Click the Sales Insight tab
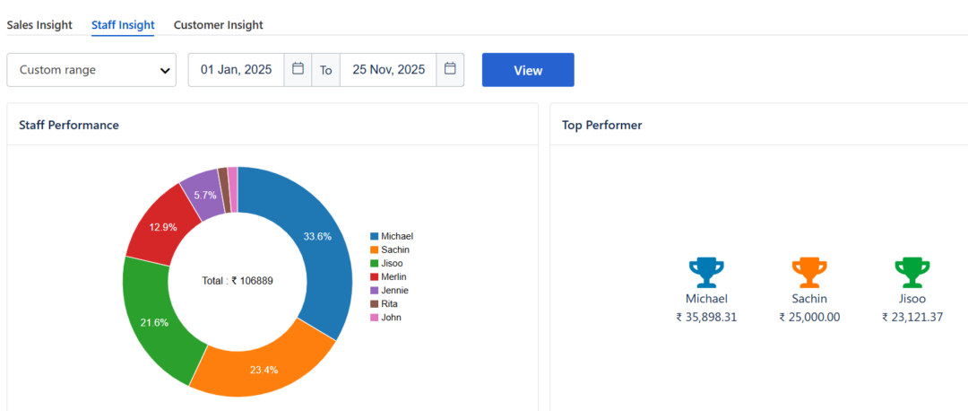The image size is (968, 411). [39, 25]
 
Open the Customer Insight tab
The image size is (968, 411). [218, 25]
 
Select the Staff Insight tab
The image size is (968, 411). [123, 25]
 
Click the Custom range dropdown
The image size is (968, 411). [91, 70]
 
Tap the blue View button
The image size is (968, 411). [528, 70]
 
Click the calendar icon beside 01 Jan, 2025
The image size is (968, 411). [298, 69]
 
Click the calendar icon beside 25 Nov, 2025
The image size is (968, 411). [450, 69]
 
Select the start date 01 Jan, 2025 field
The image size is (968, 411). [237, 70]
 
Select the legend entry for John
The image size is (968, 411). [386, 318]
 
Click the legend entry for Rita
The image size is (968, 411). [385, 304]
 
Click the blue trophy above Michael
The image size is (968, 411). [706, 271]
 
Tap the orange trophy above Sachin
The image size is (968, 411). [808, 271]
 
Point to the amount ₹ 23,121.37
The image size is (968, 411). [912, 317]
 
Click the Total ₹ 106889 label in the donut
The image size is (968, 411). [238, 281]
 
